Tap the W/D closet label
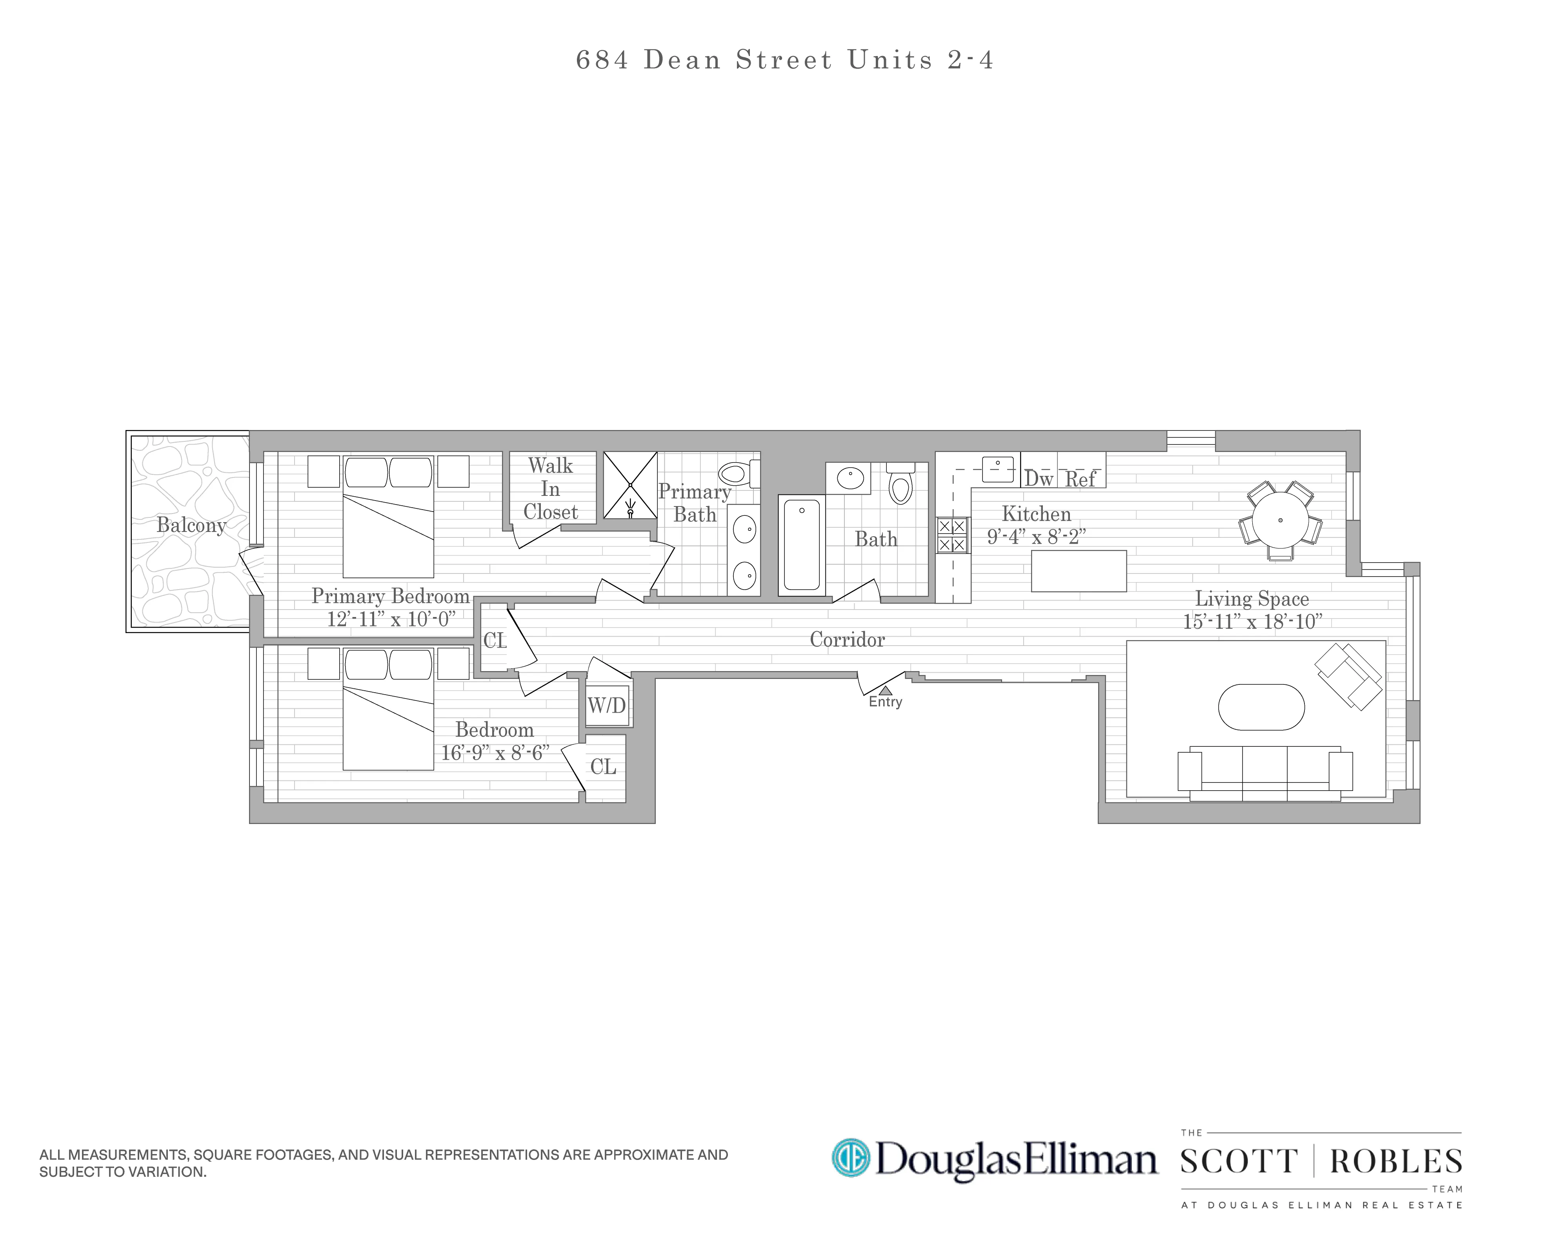607,705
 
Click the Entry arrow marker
885,691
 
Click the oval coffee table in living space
1261,707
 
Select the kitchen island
1079,571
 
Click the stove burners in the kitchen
951,535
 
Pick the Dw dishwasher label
1039,479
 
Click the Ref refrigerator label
1081,479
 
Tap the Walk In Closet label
551,488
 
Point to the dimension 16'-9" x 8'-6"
495,753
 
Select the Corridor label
847,640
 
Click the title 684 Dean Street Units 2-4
784,60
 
